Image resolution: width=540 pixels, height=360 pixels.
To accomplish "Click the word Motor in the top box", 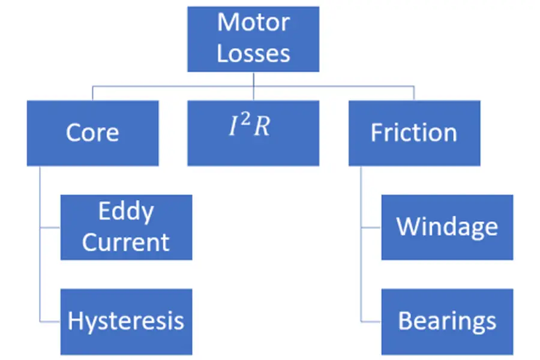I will (253, 23).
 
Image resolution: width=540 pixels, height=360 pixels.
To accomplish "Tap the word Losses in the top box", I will (253, 53).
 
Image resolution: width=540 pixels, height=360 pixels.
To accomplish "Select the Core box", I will (92, 133).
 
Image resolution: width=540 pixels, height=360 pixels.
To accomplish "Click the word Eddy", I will (126, 211).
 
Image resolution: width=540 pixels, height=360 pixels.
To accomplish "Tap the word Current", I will (126, 242).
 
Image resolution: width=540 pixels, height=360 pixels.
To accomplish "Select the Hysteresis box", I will (126, 321).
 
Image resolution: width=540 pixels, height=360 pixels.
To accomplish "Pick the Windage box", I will (447, 227).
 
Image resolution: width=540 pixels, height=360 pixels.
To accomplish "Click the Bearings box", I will (447, 321).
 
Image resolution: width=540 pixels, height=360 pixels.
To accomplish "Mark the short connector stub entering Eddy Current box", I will (50, 227).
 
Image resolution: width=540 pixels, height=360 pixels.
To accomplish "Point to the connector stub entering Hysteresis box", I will (50, 322).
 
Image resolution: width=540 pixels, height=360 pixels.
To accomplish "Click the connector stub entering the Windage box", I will (371, 227).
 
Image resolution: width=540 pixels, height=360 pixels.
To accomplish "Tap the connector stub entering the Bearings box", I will (371, 322).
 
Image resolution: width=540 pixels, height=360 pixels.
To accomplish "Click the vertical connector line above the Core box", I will (92, 93).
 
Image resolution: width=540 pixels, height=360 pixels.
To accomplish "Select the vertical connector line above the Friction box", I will (414, 93).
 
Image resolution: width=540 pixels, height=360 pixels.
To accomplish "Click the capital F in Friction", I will (376, 133).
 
